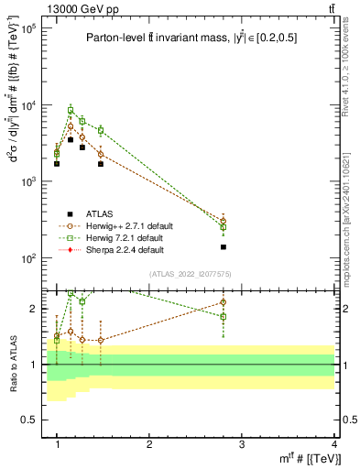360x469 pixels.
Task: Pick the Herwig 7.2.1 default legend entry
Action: point(123,237)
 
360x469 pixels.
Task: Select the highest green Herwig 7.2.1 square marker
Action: point(70,110)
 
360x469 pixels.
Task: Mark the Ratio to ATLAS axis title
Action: point(13,364)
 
